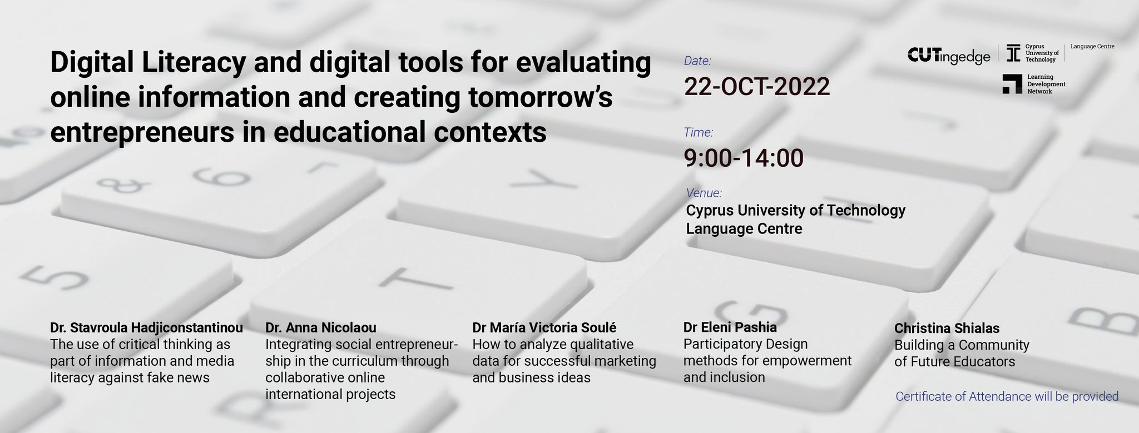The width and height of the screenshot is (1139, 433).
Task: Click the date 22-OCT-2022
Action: coord(757,87)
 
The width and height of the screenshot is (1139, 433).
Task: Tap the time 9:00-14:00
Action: coord(744,158)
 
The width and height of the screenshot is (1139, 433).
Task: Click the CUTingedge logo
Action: coord(949,56)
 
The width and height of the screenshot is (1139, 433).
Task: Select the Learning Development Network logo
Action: coord(1034,84)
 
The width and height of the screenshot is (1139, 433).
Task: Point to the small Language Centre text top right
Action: coord(1092,47)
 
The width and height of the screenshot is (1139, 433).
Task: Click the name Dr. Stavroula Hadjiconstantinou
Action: coord(147,328)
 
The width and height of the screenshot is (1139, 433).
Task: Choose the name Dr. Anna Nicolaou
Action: coord(321,328)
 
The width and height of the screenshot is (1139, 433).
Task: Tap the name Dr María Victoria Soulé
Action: coord(544,328)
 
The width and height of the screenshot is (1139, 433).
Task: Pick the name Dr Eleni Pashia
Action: coord(730,327)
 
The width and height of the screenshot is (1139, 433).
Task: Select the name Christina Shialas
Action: coord(947,329)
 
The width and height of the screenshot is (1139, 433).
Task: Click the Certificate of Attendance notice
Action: coord(1007,396)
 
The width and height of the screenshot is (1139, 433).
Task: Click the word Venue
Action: coord(704,193)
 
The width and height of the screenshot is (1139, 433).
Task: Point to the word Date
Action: coord(698,61)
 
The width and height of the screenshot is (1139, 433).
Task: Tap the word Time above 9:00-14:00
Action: coord(699,132)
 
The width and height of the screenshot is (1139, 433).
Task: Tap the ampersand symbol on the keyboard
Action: coord(122,185)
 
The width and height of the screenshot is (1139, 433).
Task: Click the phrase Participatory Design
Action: coord(745,345)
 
